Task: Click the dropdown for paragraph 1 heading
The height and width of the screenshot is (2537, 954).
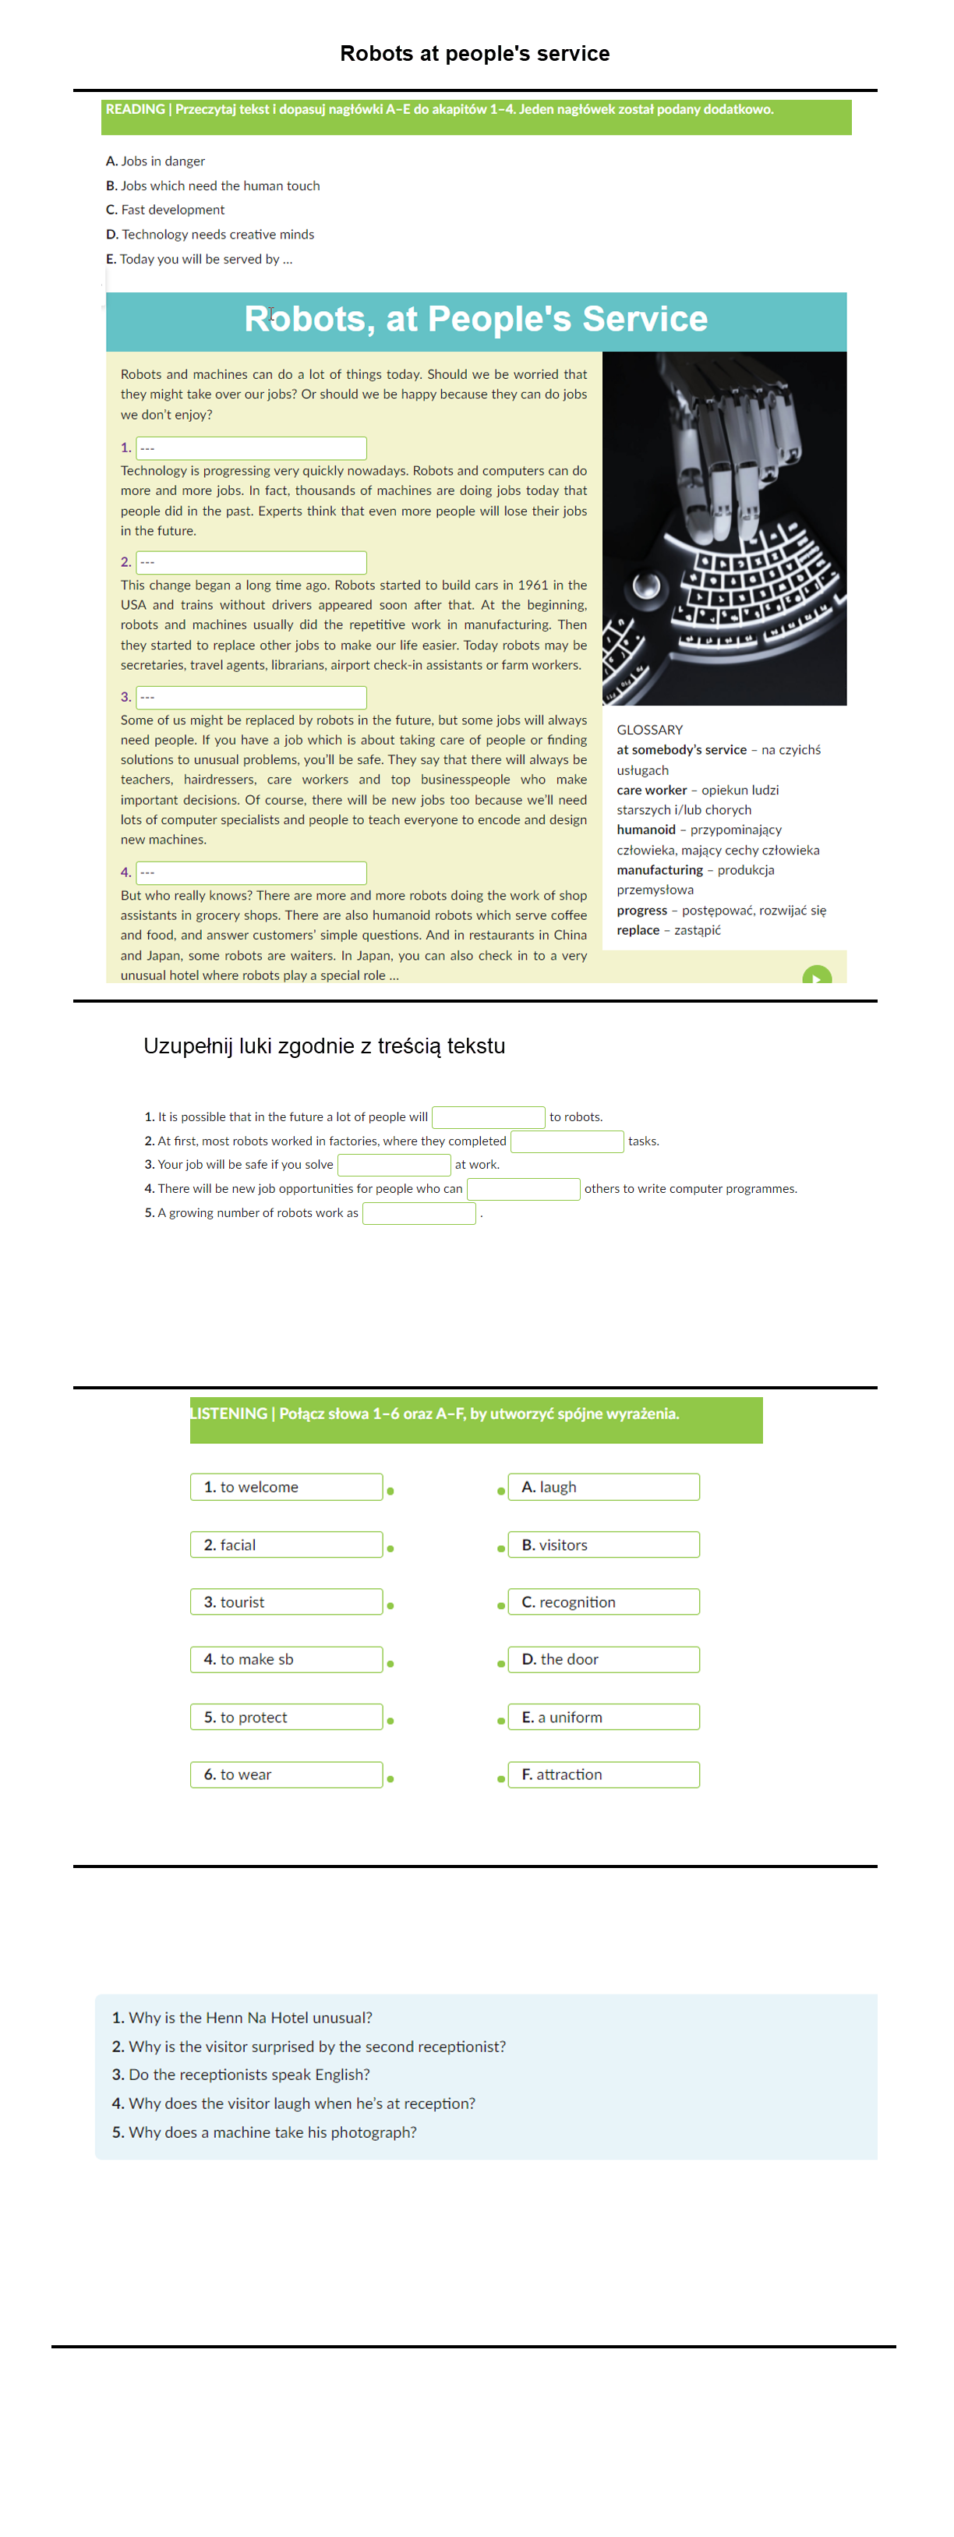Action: tap(251, 448)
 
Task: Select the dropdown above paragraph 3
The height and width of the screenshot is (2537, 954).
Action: tap(251, 697)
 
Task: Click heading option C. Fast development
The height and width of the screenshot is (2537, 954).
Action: tap(165, 210)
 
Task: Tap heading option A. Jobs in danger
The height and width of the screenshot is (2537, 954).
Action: tap(156, 161)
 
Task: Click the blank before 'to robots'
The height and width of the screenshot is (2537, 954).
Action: tap(489, 1116)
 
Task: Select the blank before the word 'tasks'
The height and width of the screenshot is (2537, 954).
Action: tap(567, 1141)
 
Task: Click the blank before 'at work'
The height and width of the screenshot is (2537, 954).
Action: tap(394, 1165)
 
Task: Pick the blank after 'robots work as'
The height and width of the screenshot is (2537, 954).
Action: tap(419, 1213)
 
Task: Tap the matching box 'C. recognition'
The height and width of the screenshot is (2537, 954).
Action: tap(603, 1602)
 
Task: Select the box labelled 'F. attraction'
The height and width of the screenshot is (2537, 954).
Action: tap(603, 1774)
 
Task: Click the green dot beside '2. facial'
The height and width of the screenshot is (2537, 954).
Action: tap(390, 1549)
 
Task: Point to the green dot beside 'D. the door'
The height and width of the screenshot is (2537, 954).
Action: tap(501, 1665)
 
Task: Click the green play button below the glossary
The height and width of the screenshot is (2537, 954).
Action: tap(817, 976)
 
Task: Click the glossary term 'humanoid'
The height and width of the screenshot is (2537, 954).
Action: tap(646, 830)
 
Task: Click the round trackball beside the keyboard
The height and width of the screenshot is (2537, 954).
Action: tap(646, 586)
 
